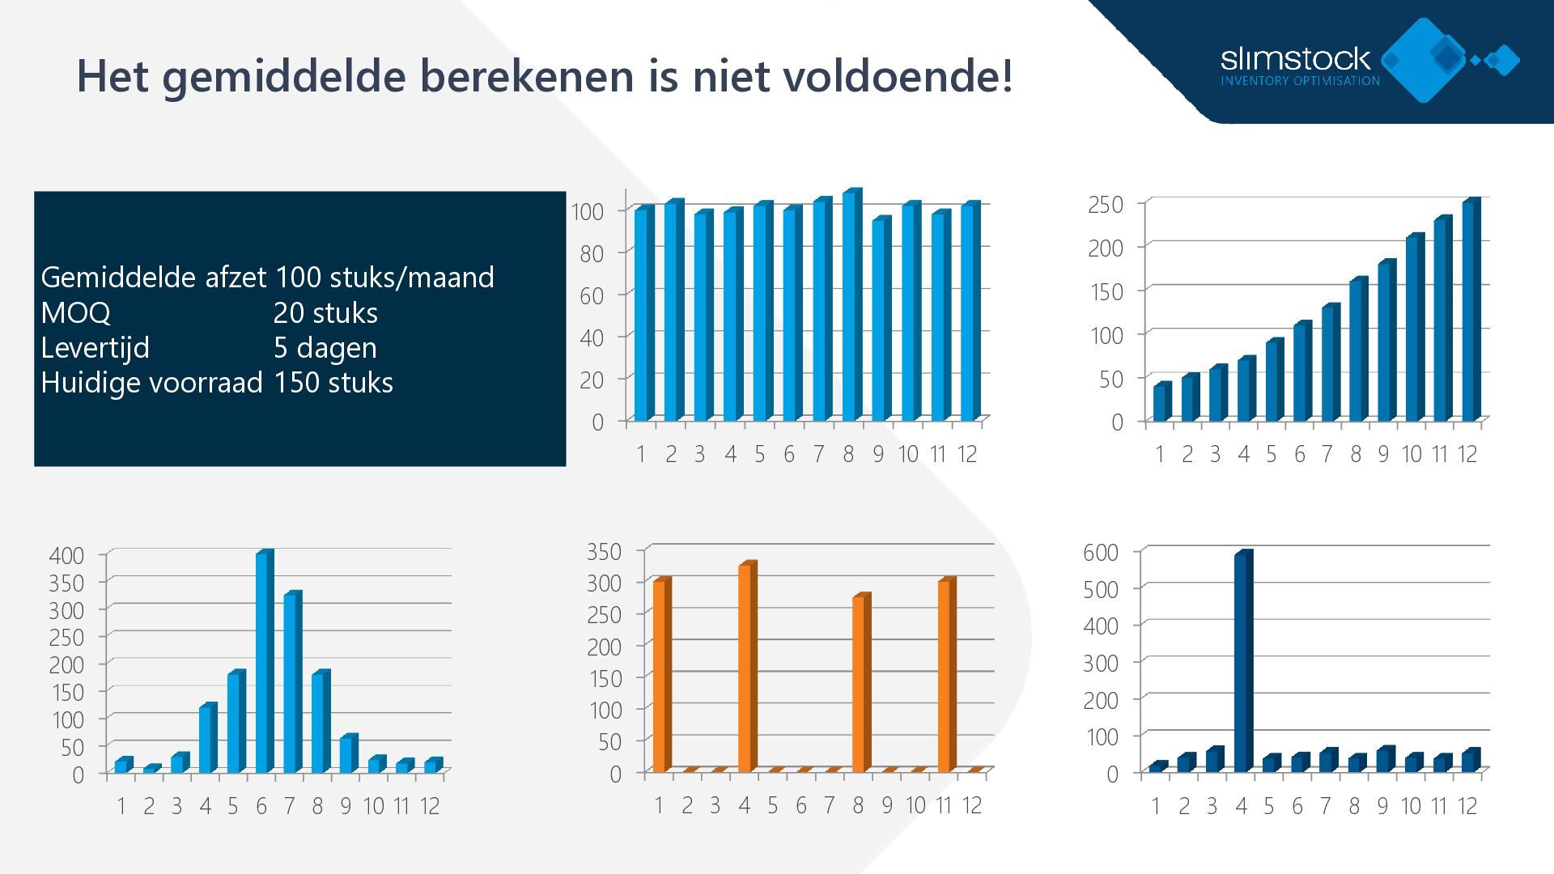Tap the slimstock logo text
(x=1295, y=59)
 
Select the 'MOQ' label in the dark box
(x=75, y=312)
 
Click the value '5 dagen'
(x=325, y=347)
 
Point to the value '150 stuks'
(x=333, y=382)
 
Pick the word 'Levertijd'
(x=95, y=347)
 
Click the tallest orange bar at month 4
(x=746, y=668)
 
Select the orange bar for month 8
(x=860, y=684)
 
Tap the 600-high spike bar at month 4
(x=1242, y=662)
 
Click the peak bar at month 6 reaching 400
(x=264, y=662)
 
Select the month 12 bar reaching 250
(x=1471, y=311)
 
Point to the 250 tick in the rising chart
(x=1106, y=205)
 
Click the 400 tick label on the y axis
(x=66, y=555)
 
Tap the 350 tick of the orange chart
(x=604, y=552)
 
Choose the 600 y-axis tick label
(x=1101, y=553)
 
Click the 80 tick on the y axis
(x=592, y=253)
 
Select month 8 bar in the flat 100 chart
(x=851, y=306)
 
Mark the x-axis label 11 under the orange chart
(x=943, y=805)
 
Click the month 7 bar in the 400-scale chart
(x=291, y=683)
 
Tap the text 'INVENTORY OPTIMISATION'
(x=1300, y=81)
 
